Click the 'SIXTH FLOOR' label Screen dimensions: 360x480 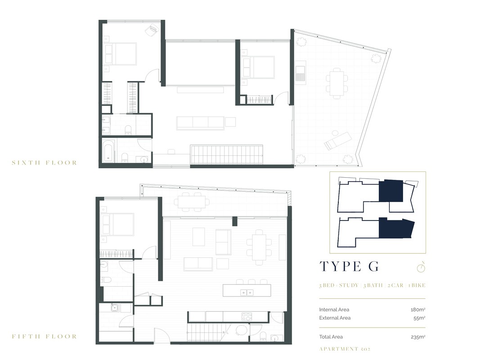(44, 162)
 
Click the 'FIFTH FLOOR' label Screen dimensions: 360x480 (44, 336)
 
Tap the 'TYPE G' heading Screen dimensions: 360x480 (349, 266)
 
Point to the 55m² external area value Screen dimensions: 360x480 (419, 318)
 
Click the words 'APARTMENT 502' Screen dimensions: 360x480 (345, 349)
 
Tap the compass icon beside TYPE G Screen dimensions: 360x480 (421, 267)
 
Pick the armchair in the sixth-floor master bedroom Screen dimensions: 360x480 (151, 30)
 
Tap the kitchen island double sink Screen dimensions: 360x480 (246, 292)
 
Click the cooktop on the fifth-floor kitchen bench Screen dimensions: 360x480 (247, 316)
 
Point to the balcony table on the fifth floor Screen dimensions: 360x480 (190, 201)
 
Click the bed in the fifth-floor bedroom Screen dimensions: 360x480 (117, 224)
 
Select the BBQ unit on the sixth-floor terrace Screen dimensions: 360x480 (301, 73)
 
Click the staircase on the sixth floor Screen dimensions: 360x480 (227, 154)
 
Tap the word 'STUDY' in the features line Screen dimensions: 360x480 (349, 285)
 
